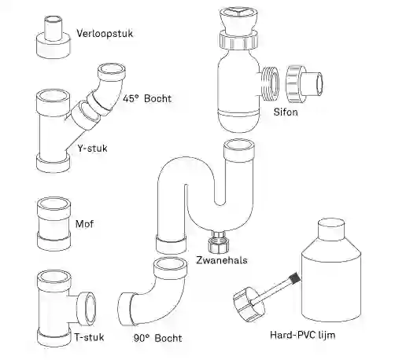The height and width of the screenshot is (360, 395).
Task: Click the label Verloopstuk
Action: (x=105, y=34)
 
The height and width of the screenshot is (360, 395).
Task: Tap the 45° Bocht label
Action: (x=147, y=98)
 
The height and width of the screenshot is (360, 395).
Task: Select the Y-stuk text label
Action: (x=92, y=149)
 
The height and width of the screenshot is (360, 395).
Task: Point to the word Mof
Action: (x=84, y=224)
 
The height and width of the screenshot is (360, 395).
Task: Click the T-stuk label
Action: (x=89, y=337)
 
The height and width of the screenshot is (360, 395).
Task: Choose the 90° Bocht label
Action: (x=157, y=338)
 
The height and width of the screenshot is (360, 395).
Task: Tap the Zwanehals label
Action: (x=222, y=260)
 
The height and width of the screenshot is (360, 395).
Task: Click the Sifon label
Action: (x=286, y=112)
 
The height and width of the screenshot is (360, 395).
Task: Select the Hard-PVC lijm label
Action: (x=302, y=335)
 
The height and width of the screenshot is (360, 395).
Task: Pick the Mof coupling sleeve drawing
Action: (x=54, y=224)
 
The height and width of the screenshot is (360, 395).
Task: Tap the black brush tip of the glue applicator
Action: (x=294, y=277)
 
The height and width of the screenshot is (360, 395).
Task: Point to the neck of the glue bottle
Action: (x=331, y=230)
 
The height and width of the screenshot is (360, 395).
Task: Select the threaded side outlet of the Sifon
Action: (x=270, y=83)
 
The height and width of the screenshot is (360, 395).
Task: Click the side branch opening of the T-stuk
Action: (x=87, y=308)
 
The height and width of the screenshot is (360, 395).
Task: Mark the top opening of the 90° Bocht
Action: (x=170, y=265)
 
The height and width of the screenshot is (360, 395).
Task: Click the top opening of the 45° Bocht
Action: (x=112, y=70)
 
